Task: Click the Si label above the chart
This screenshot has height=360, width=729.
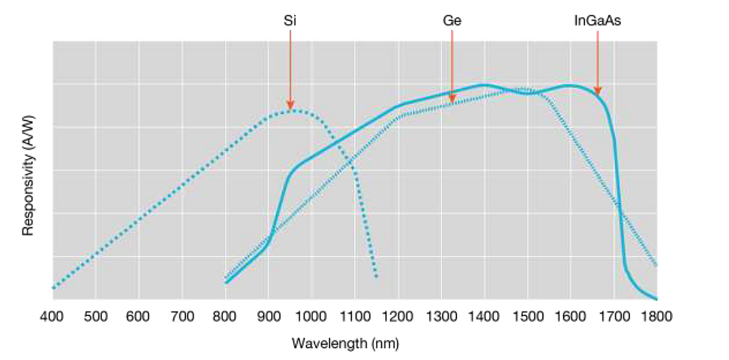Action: pyautogui.click(x=289, y=22)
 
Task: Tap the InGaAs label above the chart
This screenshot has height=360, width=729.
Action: pyautogui.click(x=597, y=22)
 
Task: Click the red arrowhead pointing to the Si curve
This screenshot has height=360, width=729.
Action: pyautogui.click(x=290, y=105)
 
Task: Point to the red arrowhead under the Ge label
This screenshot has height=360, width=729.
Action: pyautogui.click(x=451, y=99)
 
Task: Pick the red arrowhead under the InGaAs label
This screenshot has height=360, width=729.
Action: pyautogui.click(x=598, y=91)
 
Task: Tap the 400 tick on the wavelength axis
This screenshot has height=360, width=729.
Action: pyautogui.click(x=52, y=316)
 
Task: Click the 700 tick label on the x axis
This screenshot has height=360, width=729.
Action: pyautogui.click(x=182, y=316)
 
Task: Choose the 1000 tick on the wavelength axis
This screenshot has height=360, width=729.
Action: pyautogui.click(x=311, y=316)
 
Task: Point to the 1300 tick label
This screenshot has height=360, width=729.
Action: pyautogui.click(x=441, y=316)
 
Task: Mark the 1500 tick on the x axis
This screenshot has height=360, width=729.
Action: pyautogui.click(x=527, y=316)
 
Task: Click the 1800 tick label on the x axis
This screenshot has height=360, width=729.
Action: pyautogui.click(x=657, y=316)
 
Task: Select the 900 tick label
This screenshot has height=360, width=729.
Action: pyautogui.click(x=269, y=316)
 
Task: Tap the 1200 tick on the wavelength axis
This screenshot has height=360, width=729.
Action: pyautogui.click(x=398, y=316)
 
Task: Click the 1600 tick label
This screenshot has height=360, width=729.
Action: pyautogui.click(x=570, y=316)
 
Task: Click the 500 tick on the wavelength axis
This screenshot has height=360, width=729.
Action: pyautogui.click(x=96, y=316)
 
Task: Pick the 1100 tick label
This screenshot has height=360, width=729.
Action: pyautogui.click(x=354, y=316)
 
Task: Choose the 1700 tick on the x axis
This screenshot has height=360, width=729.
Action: pyautogui.click(x=614, y=316)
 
